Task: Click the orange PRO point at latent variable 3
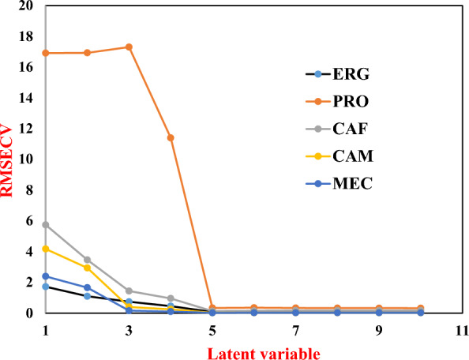point(129,47)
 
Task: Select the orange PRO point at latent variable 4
point(171,137)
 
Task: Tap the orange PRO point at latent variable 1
point(46,53)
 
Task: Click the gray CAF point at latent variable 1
point(46,225)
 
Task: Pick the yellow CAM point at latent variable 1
point(46,249)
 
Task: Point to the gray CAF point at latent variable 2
point(87,260)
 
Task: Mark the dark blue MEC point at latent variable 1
point(46,276)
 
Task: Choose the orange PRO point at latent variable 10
point(421,308)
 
